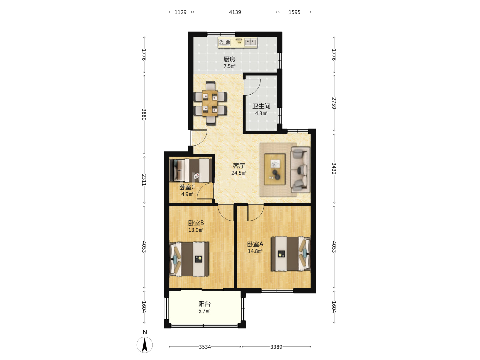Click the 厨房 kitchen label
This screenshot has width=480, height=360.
[229, 59]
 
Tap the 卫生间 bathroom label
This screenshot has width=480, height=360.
[261, 106]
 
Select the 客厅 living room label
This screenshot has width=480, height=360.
[239, 166]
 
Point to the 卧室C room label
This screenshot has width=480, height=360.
[187, 187]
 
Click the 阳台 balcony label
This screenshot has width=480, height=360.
[204, 304]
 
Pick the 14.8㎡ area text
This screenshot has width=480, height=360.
[255, 251]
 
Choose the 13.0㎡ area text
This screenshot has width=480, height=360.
[196, 230]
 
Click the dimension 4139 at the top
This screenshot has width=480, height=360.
[235, 12]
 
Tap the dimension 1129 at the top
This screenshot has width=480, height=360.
[180, 12]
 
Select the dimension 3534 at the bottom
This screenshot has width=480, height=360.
[205, 347]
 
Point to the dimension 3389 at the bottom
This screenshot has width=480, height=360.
[276, 347]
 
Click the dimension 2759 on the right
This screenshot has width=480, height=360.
[334, 103]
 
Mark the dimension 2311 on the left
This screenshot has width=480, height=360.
[144, 180]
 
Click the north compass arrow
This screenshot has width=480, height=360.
[145, 345]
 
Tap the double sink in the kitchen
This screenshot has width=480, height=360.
[250, 42]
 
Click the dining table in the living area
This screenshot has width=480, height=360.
[210, 103]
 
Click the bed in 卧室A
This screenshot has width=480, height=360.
[291, 254]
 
